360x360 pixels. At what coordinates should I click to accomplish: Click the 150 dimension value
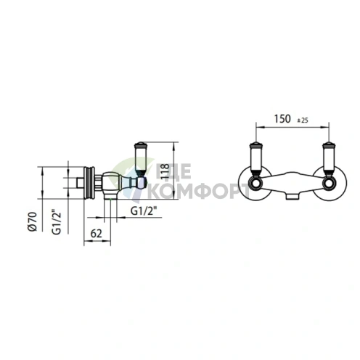point(282,119)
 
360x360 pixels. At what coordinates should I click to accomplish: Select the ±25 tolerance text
point(303,120)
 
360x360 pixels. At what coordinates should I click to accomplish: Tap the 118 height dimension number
point(165,171)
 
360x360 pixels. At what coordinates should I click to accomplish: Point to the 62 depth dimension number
point(97,234)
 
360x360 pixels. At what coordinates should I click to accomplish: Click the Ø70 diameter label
point(32,221)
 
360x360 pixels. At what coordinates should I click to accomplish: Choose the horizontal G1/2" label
point(144,211)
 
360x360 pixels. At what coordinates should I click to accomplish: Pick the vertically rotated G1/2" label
point(57,223)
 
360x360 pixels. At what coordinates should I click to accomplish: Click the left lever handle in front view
point(255,159)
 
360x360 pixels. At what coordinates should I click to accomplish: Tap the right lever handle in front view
point(329,159)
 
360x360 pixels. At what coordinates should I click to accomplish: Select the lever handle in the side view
point(140,159)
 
